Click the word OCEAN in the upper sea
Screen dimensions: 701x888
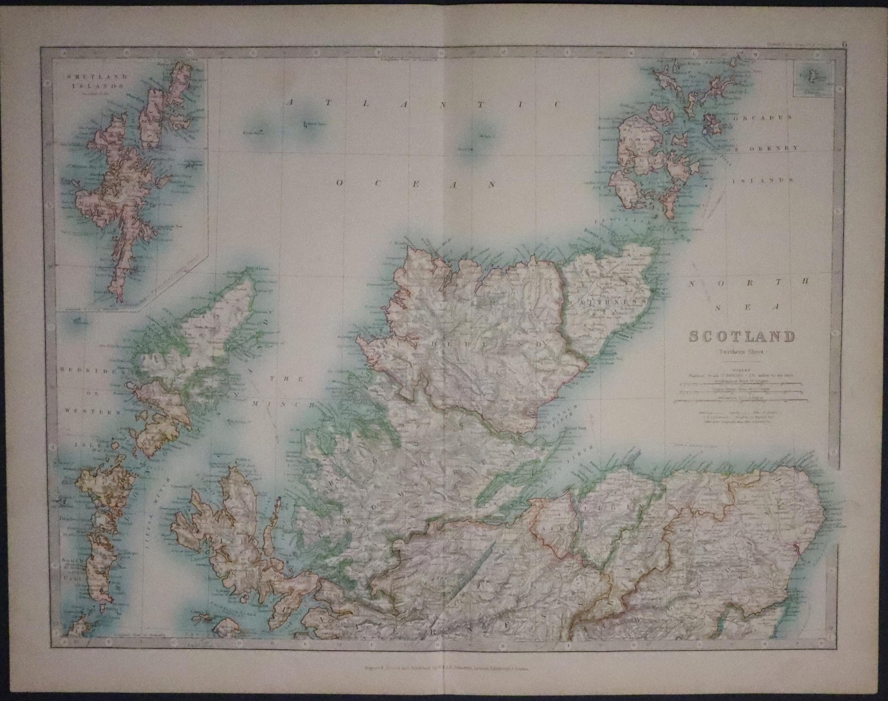coord(415,184)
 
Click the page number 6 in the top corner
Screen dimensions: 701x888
coord(875,44)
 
